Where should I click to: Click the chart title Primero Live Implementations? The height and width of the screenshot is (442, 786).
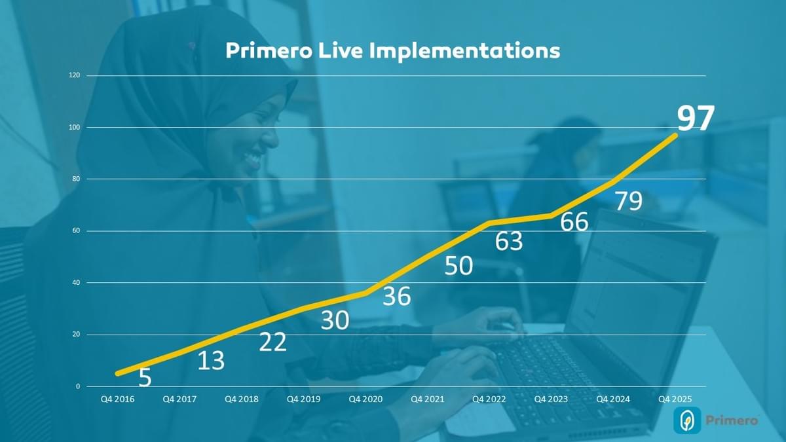392,50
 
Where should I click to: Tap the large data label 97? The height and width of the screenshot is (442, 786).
695,119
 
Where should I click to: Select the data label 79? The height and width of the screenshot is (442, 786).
628,201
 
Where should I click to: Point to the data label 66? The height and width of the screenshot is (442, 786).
574,222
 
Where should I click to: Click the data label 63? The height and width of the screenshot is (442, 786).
509,242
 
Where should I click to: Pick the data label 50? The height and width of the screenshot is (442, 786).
458,266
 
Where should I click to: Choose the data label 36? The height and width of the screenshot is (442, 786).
396,296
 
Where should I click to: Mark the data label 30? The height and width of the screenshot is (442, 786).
335,320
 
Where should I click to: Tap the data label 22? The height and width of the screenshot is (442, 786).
272,342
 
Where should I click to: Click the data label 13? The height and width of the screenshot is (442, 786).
211,360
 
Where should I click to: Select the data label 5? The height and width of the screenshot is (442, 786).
145,378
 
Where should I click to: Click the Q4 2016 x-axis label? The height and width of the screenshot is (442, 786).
117,399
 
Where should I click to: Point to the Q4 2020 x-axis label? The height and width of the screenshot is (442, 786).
365,399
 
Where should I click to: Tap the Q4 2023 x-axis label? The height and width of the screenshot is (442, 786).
551,399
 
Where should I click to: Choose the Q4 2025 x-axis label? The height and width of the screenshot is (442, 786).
675,399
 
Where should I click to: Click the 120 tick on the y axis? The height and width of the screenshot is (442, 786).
75,75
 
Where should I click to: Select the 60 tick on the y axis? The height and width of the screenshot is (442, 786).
76,230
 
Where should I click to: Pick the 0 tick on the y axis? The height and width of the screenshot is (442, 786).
78,386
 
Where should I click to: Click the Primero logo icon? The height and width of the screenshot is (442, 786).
687,420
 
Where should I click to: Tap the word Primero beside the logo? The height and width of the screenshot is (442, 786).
732,420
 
